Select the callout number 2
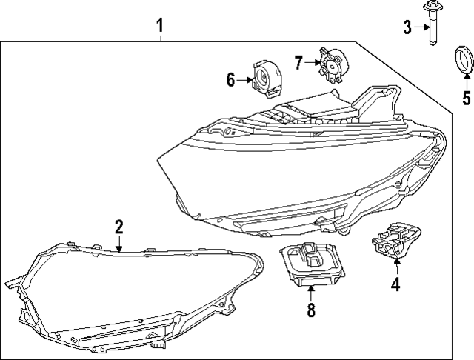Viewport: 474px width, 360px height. [x=118, y=227]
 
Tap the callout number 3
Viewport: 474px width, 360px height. [x=407, y=28]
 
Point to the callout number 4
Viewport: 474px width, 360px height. [x=395, y=283]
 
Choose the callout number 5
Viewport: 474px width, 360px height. [x=466, y=97]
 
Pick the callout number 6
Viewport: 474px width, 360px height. [x=231, y=79]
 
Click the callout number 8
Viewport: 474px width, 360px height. [x=311, y=311]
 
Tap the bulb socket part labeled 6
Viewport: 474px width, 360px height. [x=267, y=78]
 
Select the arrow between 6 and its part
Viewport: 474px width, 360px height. [x=244, y=79]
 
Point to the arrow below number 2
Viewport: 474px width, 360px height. [x=118, y=244]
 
